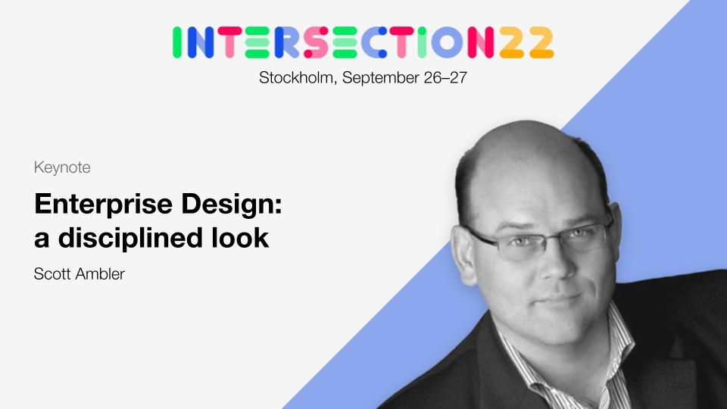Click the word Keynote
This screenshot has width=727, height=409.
pyautogui.click(x=62, y=167)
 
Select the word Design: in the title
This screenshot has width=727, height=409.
pyautogui.click(x=232, y=204)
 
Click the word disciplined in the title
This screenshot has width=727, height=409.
pyautogui.click(x=131, y=238)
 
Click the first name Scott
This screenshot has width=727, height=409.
pyautogui.click(x=52, y=274)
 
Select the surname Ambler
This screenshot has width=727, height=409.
pyautogui.click(x=100, y=274)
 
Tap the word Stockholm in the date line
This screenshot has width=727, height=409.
pyautogui.click(x=297, y=77)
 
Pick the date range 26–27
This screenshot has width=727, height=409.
pyautogui.click(x=445, y=77)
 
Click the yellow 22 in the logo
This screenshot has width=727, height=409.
pyautogui.click(x=527, y=42)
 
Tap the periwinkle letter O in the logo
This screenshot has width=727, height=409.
pyautogui.click(x=447, y=42)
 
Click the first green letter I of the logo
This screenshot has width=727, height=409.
pyautogui.click(x=176, y=42)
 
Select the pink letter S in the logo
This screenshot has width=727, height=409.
pyautogui.click(x=316, y=42)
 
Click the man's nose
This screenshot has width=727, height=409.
pyautogui.click(x=555, y=264)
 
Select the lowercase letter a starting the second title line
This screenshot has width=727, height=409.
pyautogui.click(x=42, y=240)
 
